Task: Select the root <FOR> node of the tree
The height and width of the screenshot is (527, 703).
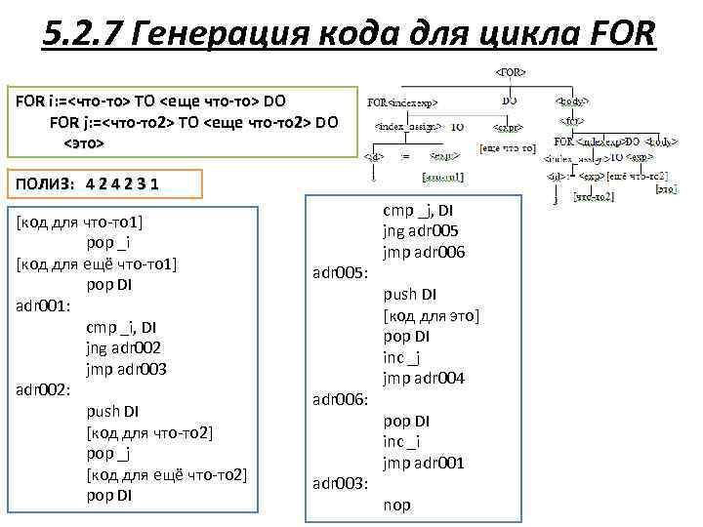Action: (512, 72)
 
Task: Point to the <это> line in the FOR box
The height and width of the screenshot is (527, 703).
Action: (83, 142)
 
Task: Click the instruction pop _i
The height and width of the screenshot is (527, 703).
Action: (108, 243)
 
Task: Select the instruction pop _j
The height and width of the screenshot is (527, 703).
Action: (108, 454)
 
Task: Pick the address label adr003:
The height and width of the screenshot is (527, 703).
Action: (340, 484)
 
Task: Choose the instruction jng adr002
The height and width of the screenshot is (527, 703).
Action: (124, 348)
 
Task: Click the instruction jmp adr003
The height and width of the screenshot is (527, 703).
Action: (126, 369)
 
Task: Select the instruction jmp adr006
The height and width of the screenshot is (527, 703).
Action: (424, 252)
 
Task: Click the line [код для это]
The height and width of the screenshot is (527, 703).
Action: (432, 315)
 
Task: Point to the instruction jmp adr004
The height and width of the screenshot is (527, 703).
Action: (424, 379)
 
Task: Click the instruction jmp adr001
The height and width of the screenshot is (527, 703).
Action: (423, 464)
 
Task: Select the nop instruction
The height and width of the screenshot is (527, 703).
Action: (396, 506)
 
